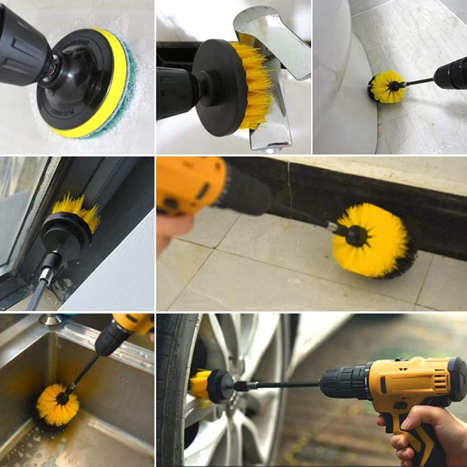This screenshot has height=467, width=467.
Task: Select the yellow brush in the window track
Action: click(x=77, y=209)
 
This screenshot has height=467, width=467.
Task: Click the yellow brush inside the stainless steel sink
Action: click(x=57, y=404)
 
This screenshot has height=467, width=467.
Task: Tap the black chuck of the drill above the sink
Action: click(x=110, y=340)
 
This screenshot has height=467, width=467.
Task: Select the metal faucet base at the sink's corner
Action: click(x=49, y=319)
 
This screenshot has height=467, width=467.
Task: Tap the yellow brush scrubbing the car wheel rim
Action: click(x=201, y=385)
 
